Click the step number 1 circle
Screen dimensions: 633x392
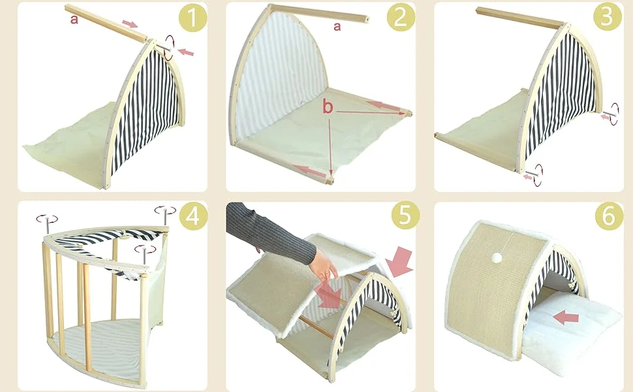[193, 18]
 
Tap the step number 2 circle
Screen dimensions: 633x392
[401, 18]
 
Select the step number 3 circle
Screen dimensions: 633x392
[608, 17]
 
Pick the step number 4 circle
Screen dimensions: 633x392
[193, 216]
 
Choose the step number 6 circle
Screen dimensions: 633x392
[609, 216]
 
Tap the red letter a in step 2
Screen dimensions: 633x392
[337, 27]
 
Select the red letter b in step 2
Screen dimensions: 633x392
[328, 107]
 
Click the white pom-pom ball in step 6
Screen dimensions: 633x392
[497, 257]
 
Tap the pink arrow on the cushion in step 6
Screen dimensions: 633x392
[565, 318]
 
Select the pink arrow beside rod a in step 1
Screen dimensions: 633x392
[130, 24]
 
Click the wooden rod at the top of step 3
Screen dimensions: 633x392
[520, 17]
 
